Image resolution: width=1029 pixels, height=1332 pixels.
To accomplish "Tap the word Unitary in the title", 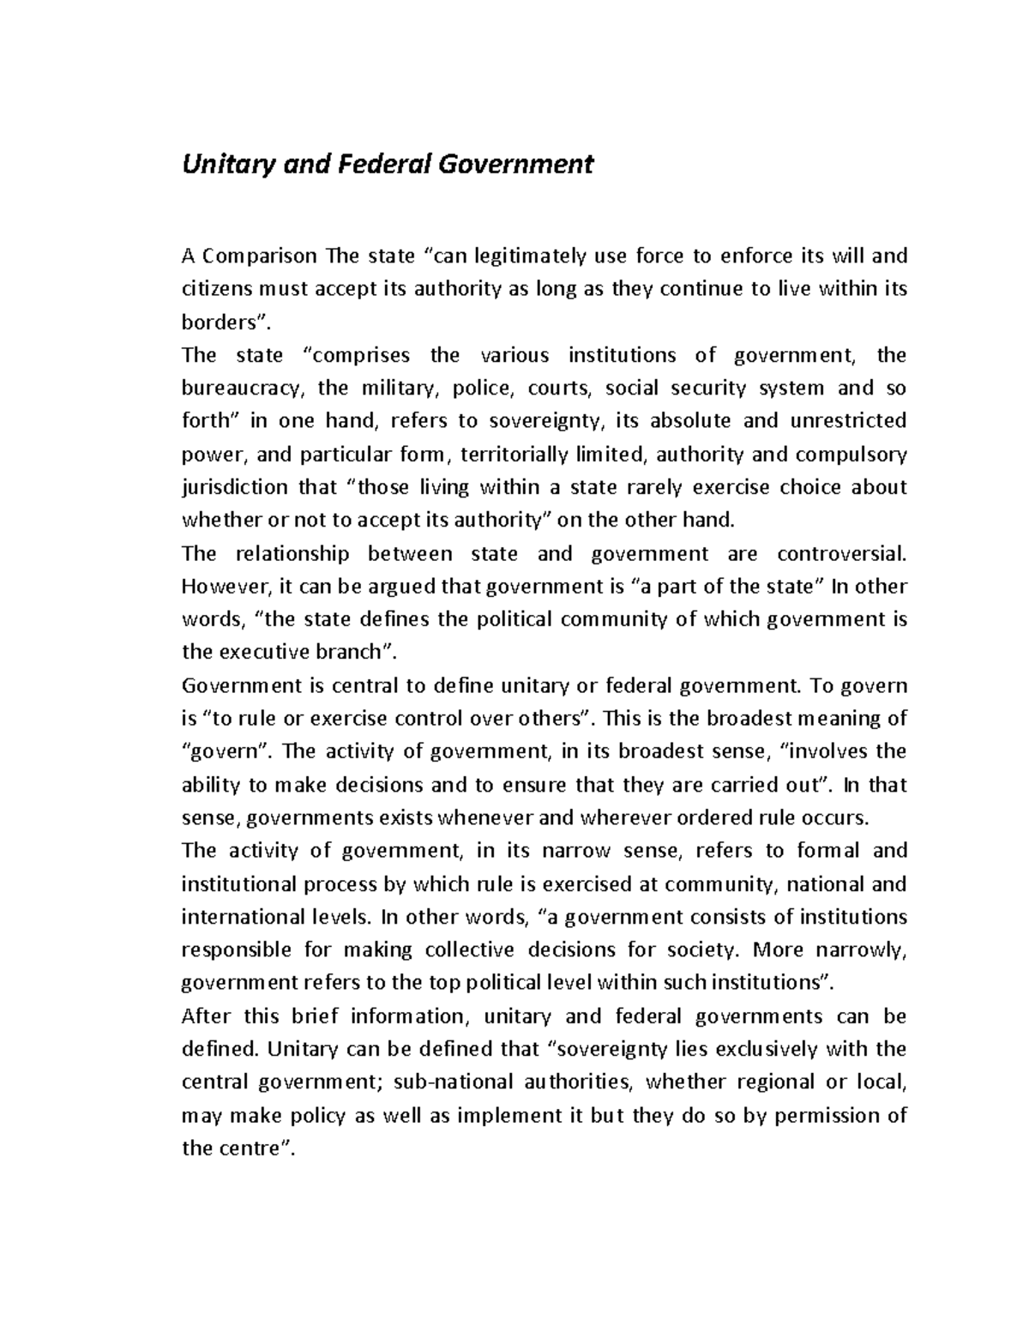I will [x=225, y=163].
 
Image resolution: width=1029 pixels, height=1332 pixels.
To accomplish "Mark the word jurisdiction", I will [x=235, y=487].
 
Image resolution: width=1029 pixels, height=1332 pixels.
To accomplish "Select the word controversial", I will [x=841, y=553].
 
